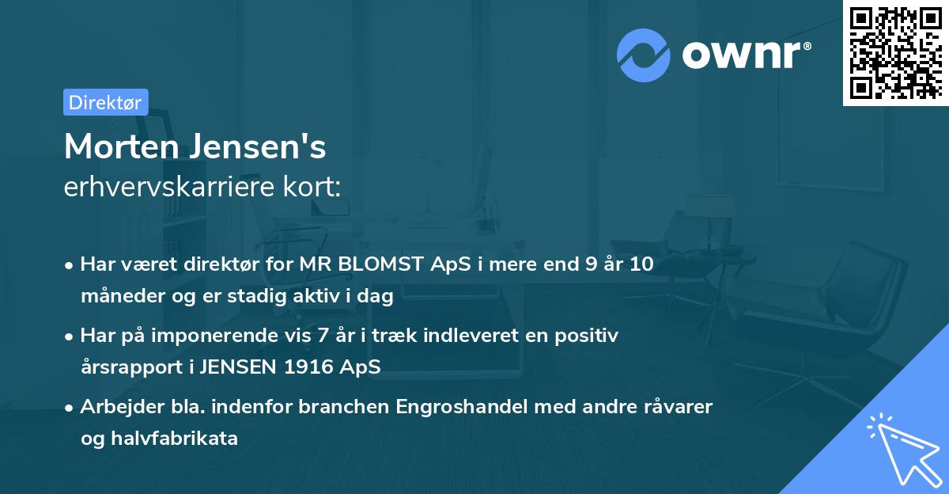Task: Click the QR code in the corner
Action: click(x=895, y=52)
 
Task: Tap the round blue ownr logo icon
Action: click(x=644, y=55)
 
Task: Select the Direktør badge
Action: click(x=105, y=102)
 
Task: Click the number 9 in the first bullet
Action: click(x=592, y=264)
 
